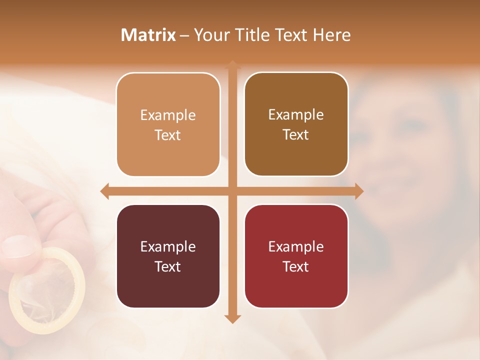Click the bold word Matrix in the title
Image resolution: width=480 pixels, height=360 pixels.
tap(148, 35)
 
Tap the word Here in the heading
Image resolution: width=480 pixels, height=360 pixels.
tap(331, 35)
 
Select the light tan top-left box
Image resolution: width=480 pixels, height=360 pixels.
tap(168, 125)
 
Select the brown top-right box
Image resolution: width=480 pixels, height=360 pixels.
tap(296, 124)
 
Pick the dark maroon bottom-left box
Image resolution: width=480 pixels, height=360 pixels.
tap(168, 256)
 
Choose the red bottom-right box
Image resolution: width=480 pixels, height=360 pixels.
tap(296, 256)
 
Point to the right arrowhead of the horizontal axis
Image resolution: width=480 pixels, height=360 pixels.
tap(359, 191)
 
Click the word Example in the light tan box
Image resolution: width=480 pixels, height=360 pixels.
tap(168, 115)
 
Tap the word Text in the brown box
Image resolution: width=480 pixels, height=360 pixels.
tap(296, 135)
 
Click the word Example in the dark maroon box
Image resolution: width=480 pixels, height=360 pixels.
tap(168, 247)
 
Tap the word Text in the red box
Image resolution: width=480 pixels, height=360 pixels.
tap(296, 266)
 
